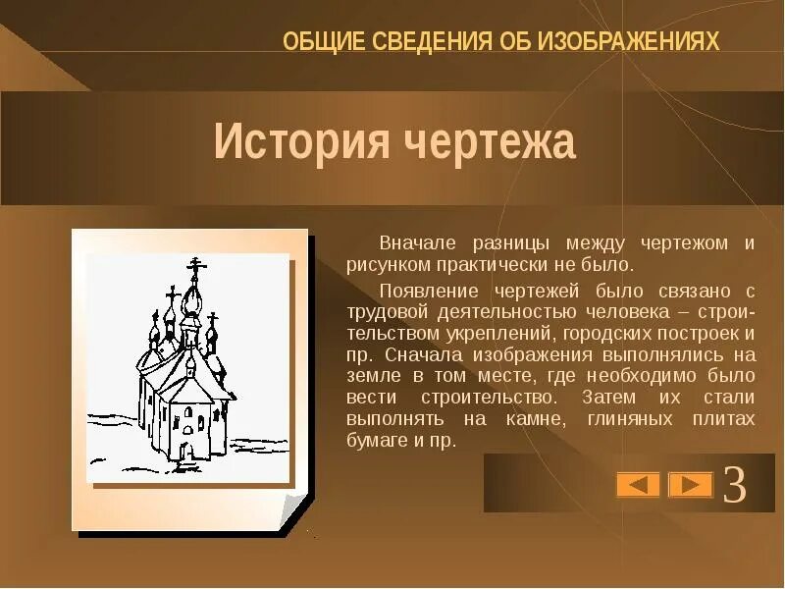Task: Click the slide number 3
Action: (x=735, y=485)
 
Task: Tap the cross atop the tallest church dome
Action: (x=196, y=265)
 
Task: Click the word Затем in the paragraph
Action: (x=609, y=398)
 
